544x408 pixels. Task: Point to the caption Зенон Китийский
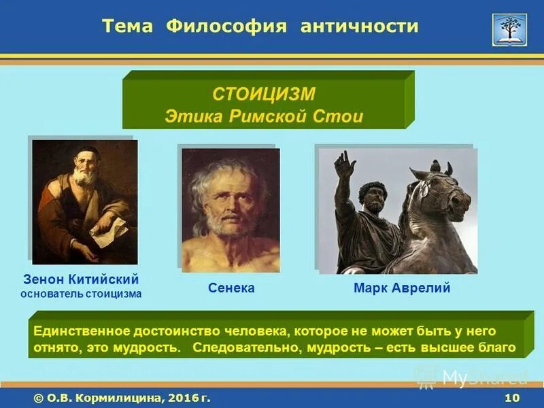coord(81,279)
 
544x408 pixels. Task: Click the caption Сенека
coord(231,288)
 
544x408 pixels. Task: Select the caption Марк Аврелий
coord(402,288)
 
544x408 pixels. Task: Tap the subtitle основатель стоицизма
coord(81,294)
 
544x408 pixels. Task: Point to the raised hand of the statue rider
coord(344,164)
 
